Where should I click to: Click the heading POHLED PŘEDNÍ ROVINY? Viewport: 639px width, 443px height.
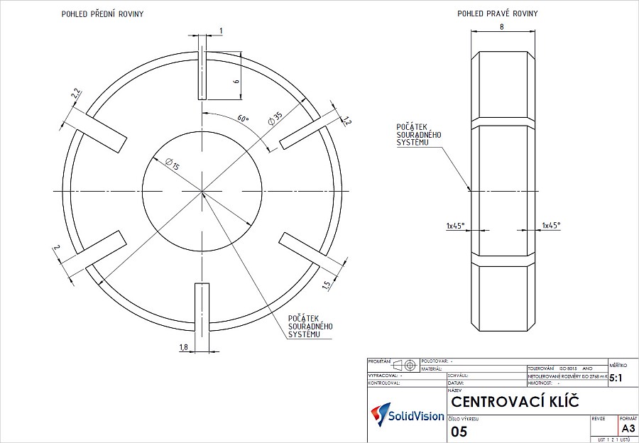coord(104,13)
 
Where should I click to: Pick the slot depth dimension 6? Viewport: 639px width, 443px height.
coord(236,82)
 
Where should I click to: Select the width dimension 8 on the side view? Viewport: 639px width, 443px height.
coord(502,26)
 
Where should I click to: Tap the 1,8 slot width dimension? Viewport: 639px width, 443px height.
coord(183,346)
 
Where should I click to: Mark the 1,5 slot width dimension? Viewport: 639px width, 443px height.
coord(325,285)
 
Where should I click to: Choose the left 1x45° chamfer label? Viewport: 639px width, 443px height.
coord(455,225)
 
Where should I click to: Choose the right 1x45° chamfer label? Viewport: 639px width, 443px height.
coord(551,225)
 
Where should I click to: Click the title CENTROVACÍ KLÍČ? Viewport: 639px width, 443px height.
coord(515,403)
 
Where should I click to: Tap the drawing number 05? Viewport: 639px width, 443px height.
coord(459,431)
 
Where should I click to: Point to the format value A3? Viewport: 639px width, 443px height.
coord(628,428)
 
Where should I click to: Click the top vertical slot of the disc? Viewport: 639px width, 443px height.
coord(202,75)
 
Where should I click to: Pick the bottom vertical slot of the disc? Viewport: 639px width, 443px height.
coord(202,316)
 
